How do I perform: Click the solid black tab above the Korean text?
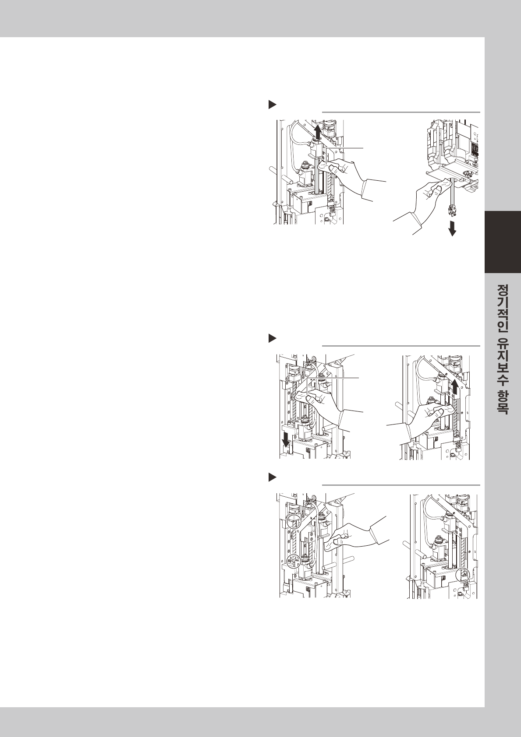point(503,242)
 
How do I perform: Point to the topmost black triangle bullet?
point(273,105)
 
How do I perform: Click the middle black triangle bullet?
point(273,338)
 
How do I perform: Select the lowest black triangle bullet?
point(273,477)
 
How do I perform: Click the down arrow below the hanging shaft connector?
point(452,228)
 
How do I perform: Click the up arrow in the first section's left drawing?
point(318,132)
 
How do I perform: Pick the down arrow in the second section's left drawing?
point(286,441)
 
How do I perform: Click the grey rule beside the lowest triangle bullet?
point(401,485)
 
